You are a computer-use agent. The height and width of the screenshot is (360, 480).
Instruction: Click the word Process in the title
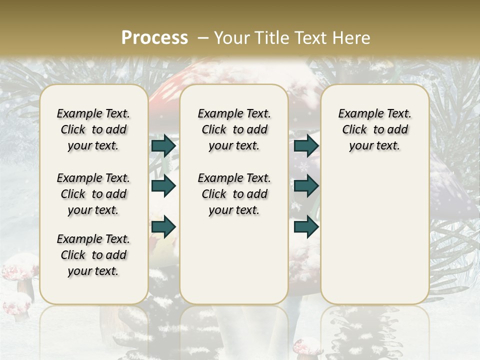(x=154, y=38)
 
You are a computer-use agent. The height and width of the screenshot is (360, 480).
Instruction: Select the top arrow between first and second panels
(x=163, y=145)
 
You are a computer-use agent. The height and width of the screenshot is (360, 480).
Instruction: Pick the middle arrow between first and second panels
(x=163, y=186)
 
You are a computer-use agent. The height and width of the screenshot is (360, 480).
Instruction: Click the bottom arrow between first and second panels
(x=163, y=227)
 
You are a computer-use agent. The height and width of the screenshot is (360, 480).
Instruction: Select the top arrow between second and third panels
(x=306, y=145)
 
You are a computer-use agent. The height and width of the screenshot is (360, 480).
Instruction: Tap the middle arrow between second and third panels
(x=306, y=186)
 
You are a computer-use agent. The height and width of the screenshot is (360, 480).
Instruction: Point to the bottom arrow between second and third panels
(x=306, y=227)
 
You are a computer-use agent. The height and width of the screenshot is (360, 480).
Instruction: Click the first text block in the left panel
(x=93, y=129)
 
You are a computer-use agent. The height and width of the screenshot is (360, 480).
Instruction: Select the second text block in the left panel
(x=93, y=194)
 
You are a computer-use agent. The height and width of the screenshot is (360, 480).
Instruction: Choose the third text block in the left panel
(x=93, y=255)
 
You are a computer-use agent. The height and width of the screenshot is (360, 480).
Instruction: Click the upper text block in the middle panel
(x=234, y=129)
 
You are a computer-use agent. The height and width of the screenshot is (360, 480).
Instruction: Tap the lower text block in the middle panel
(x=234, y=194)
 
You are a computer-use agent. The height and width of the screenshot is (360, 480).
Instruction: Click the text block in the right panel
(x=375, y=129)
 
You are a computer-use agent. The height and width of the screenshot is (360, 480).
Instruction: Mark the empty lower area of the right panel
(x=375, y=235)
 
